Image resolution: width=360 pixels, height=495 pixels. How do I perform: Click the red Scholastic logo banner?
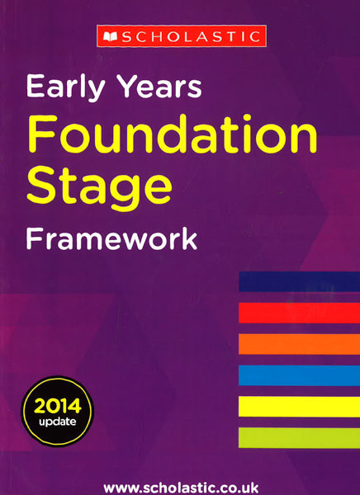(180, 36)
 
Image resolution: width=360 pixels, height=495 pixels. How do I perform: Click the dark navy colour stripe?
(299, 281)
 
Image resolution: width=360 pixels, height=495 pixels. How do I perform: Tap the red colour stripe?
(299, 313)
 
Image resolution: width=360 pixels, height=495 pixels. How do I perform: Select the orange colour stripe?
(299, 343)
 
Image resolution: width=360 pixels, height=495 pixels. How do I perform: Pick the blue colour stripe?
(299, 375)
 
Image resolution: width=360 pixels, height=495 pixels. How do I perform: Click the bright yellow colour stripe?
(299, 406)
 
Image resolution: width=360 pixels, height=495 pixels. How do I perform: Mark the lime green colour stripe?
(299, 437)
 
